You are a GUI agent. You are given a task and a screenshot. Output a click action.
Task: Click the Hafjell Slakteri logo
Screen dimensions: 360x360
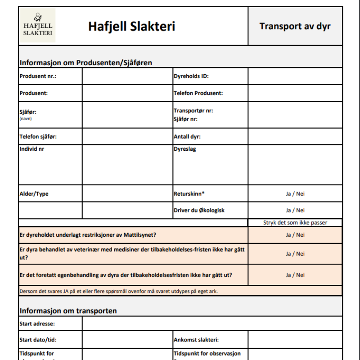coord(38,26)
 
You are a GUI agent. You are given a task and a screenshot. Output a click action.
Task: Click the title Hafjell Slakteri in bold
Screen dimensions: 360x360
coord(131,26)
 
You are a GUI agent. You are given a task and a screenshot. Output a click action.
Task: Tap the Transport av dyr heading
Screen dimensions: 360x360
coord(295,26)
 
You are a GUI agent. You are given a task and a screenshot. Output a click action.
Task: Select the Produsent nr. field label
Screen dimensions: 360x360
coord(38,76)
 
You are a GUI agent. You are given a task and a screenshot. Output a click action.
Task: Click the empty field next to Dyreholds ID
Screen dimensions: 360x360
coord(295,76)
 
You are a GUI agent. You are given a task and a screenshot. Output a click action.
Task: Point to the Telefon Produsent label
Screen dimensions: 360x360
coord(198,93)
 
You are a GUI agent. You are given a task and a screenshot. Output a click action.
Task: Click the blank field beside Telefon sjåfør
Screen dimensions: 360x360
coord(127,136)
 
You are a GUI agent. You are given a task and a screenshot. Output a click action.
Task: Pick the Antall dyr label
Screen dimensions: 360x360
coord(187,136)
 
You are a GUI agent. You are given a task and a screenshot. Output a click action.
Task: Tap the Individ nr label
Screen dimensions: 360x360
coord(32,148)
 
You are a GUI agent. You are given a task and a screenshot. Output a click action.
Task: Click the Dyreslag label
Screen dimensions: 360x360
coord(185,148)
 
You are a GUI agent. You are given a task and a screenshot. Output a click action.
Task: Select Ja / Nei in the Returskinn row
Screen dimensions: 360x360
coord(295,194)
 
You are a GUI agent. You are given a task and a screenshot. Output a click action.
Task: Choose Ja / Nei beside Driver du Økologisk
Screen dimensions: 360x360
coord(295,210)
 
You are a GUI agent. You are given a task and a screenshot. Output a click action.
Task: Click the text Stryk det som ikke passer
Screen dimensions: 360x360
coord(295,222)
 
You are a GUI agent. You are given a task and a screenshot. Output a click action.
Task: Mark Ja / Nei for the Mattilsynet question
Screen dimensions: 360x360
coord(295,235)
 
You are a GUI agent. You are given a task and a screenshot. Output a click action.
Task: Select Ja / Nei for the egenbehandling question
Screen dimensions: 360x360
coord(295,275)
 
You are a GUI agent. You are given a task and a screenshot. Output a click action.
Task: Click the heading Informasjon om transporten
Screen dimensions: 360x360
coord(68,310)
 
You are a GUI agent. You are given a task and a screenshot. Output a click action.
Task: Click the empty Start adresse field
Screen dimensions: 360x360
coord(211,324)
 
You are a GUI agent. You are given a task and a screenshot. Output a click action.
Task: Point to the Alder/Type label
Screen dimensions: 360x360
coord(34,194)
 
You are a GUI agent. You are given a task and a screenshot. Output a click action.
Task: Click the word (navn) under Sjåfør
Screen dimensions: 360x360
coord(26,119)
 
